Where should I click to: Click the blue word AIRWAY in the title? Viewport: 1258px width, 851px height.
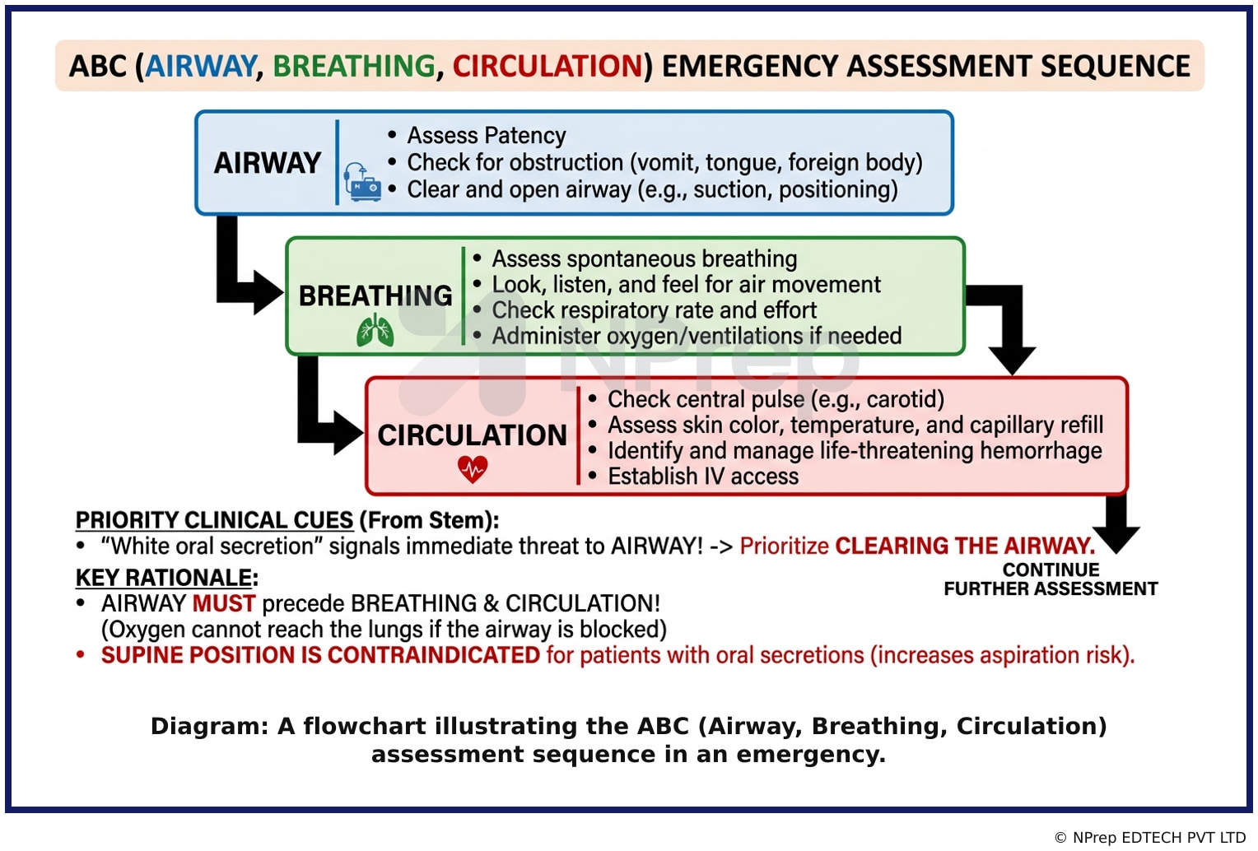[201, 66]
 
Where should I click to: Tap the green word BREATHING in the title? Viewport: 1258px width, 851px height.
[354, 66]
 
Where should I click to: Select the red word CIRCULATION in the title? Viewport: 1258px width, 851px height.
[547, 66]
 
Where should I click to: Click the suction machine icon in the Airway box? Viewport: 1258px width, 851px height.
[362, 182]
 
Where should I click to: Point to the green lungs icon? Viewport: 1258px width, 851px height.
[375, 329]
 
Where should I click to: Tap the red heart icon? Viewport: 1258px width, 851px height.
[473, 469]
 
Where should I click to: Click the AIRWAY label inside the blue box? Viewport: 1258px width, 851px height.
[268, 163]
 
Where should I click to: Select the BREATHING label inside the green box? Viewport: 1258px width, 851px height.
[375, 295]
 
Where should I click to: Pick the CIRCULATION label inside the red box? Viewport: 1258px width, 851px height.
[473, 435]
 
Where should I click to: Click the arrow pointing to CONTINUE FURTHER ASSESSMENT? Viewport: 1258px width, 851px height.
[1116, 522]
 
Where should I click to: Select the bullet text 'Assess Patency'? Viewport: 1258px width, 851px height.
[487, 135]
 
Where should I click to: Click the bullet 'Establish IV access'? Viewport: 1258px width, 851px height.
[703, 476]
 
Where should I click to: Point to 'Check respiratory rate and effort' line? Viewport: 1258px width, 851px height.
[655, 309]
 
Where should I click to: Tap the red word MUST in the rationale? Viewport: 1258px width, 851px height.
[223, 603]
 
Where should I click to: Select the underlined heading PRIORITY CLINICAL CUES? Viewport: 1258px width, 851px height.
[215, 520]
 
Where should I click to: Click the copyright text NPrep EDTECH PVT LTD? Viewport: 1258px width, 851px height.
[1159, 838]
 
